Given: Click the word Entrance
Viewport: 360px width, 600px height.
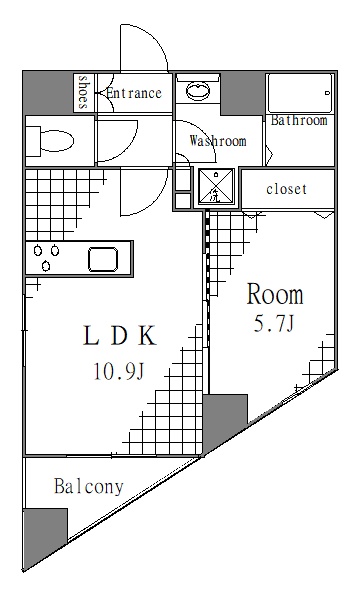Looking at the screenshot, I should click(x=133, y=94).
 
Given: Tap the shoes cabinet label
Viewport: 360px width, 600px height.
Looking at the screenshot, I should click(x=84, y=93).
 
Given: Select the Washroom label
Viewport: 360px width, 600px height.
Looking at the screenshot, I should click(x=217, y=141).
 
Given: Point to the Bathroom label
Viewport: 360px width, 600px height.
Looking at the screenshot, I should click(x=299, y=121).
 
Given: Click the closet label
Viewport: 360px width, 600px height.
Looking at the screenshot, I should click(x=287, y=189).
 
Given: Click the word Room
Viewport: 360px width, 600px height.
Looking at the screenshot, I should click(x=275, y=295).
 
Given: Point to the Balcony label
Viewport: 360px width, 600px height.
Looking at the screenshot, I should click(x=89, y=488).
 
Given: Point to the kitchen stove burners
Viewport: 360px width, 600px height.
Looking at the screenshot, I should click(x=45, y=258).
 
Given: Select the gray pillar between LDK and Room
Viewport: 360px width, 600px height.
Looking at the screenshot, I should click(x=224, y=418).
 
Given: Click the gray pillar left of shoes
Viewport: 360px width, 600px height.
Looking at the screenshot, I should click(x=48, y=93).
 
